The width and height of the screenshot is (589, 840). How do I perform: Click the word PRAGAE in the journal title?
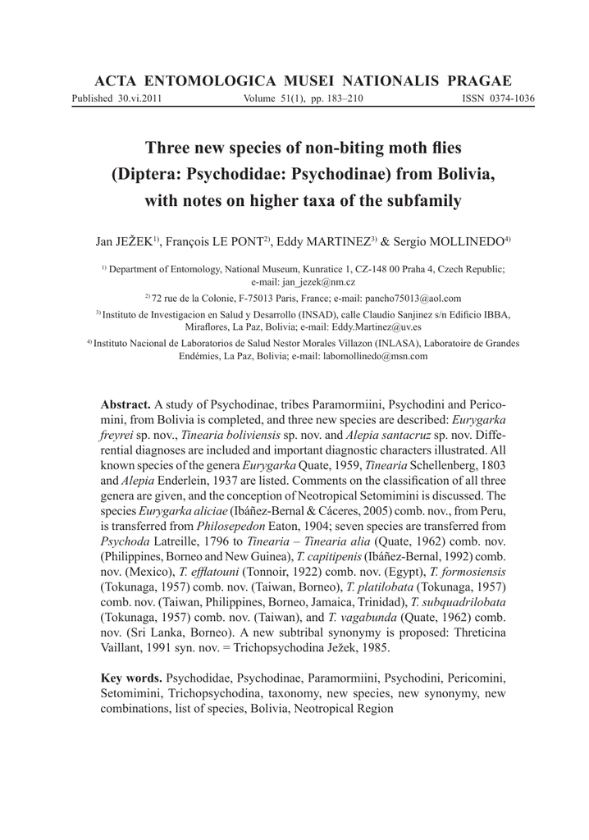click(480, 80)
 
